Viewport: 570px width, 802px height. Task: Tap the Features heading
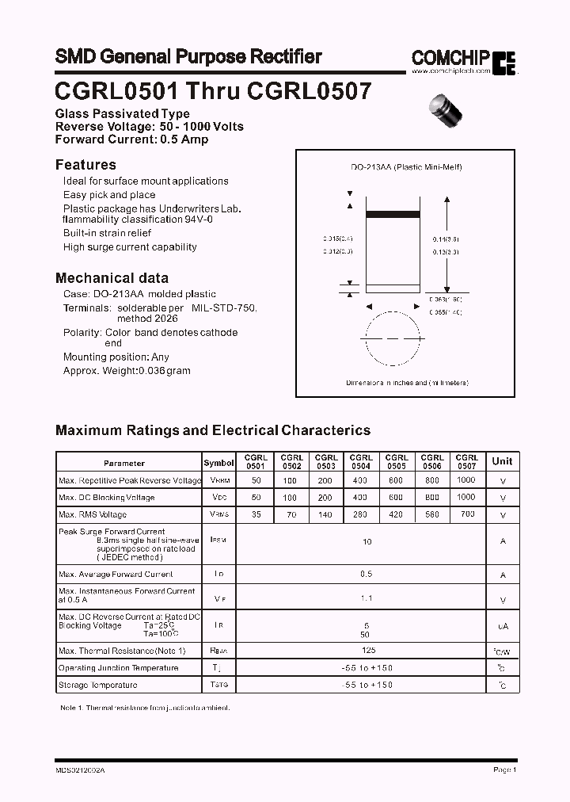pos(85,165)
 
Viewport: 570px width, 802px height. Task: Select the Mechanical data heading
pos(112,278)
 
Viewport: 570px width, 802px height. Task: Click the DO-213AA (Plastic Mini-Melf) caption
pos(406,167)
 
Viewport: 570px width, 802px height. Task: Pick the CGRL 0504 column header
pos(361,462)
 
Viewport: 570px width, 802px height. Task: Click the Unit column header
pos(502,461)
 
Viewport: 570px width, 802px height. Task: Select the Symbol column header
pos(218,463)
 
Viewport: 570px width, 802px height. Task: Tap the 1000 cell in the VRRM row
pos(466,480)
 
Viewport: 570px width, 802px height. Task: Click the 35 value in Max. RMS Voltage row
pos(255,515)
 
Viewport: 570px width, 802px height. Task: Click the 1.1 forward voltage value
pos(367,599)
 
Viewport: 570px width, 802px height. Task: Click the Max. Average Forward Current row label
pos(116,574)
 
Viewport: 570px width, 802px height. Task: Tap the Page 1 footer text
pos(504,770)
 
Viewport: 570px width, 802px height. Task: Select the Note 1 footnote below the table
pos(145,707)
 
